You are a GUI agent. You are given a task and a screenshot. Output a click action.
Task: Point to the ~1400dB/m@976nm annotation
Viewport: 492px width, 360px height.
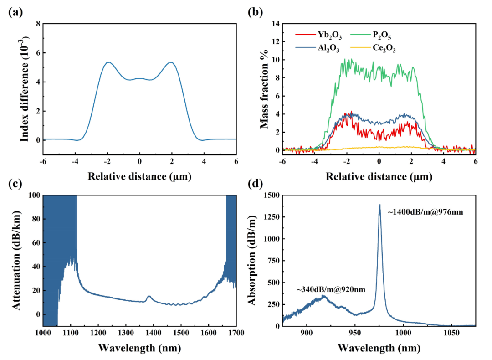click(x=425, y=212)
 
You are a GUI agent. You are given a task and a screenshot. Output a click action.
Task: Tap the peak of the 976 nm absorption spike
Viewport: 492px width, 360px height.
click(x=379, y=205)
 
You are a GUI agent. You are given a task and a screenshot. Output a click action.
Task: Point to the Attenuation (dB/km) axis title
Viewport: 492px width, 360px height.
click(x=17, y=260)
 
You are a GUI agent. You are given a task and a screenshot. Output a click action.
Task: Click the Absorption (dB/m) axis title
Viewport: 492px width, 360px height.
click(x=256, y=260)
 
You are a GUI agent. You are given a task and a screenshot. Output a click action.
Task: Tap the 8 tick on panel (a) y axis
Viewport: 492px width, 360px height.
click(x=37, y=24)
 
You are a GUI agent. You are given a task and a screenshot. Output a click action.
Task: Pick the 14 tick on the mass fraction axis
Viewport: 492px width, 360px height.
click(x=276, y=24)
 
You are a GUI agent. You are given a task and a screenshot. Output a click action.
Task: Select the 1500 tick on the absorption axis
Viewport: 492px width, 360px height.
click(x=270, y=195)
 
